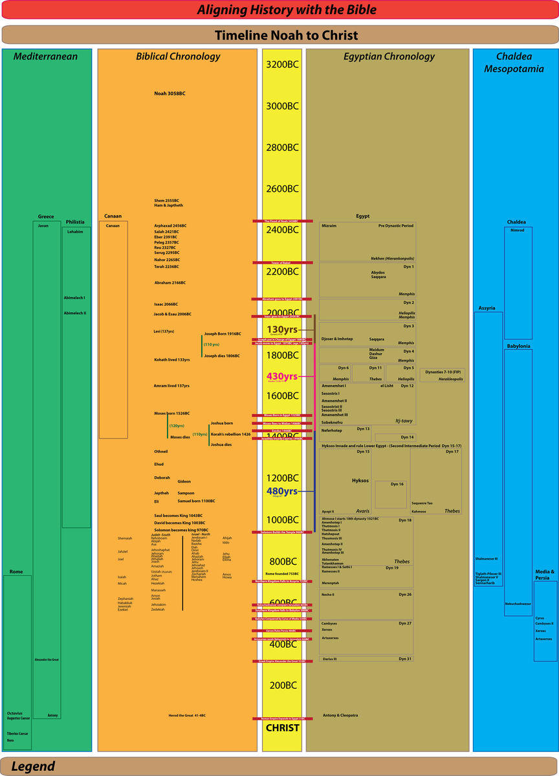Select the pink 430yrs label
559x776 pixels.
[x=281, y=376]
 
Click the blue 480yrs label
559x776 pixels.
[x=281, y=491]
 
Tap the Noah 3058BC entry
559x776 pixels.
[x=170, y=93]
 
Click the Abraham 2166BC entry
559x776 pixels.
[x=170, y=283]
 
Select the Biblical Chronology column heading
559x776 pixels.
[x=178, y=56]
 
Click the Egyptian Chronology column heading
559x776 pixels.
[x=389, y=56]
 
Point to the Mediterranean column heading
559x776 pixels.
[x=45, y=56]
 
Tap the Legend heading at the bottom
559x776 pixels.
[x=33, y=766]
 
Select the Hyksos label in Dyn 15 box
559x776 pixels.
[x=360, y=481]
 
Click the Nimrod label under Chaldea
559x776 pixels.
[x=517, y=230]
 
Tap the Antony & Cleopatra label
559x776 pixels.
[x=340, y=715]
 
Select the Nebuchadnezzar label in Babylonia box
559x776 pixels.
[x=518, y=604]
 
